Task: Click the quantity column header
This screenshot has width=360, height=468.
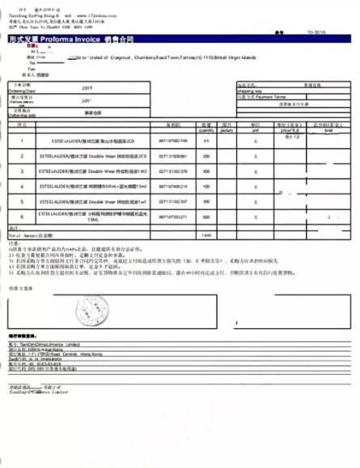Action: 205,129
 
